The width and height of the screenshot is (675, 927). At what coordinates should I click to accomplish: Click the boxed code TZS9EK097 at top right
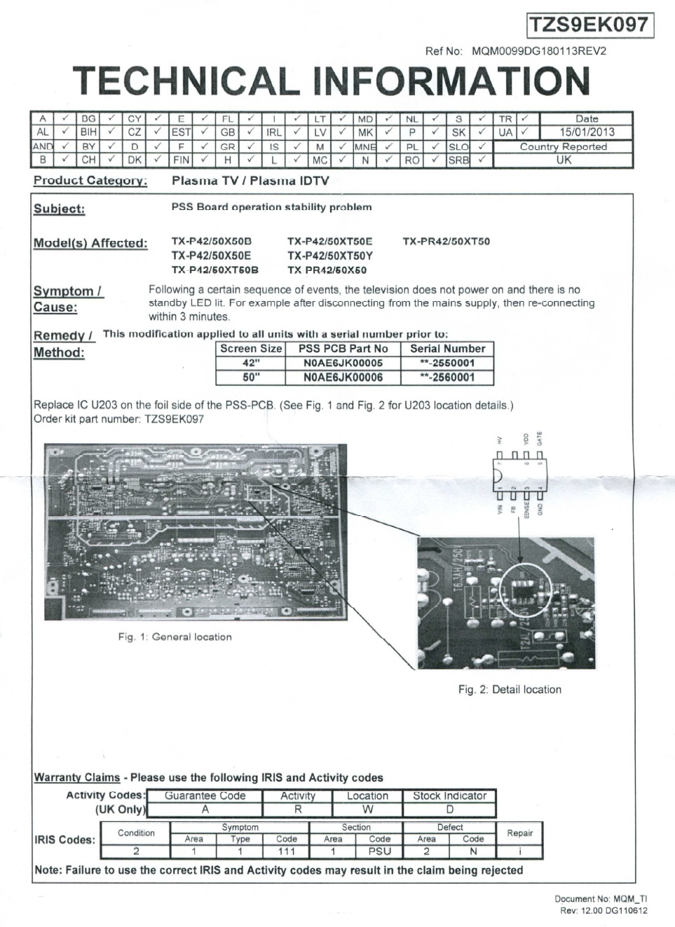pyautogui.click(x=589, y=25)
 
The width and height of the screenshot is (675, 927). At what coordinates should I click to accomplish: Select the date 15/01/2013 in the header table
pyautogui.click(x=586, y=132)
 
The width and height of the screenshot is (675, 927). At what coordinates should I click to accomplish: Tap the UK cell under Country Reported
pyautogui.click(x=564, y=160)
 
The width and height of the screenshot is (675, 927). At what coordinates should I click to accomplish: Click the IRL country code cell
pyautogui.click(x=273, y=132)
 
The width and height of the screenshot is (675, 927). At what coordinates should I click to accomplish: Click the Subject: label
pyautogui.click(x=59, y=209)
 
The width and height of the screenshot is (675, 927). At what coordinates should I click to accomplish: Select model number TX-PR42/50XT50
pyautogui.click(x=446, y=242)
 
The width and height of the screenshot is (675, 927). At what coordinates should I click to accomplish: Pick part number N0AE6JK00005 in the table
pyautogui.click(x=343, y=363)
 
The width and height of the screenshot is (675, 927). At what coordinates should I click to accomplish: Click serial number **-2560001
pyautogui.click(x=447, y=377)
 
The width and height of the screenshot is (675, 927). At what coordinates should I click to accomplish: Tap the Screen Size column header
pyautogui.click(x=251, y=349)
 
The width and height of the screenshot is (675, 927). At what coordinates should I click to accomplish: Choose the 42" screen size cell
pyautogui.click(x=251, y=363)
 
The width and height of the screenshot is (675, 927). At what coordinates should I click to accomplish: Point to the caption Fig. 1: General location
pyautogui.click(x=175, y=637)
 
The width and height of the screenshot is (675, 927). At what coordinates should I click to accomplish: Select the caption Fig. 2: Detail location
pyautogui.click(x=510, y=690)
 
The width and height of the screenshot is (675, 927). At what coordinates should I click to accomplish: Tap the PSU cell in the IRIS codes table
pyautogui.click(x=379, y=851)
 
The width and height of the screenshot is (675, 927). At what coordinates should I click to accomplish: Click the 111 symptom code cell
pyautogui.click(x=286, y=851)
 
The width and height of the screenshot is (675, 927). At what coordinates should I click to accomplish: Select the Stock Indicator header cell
pyautogui.click(x=449, y=796)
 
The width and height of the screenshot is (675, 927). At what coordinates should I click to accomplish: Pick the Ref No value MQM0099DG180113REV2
pyautogui.click(x=539, y=51)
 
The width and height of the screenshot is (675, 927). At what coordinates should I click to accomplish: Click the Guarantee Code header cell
pyautogui.click(x=205, y=796)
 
